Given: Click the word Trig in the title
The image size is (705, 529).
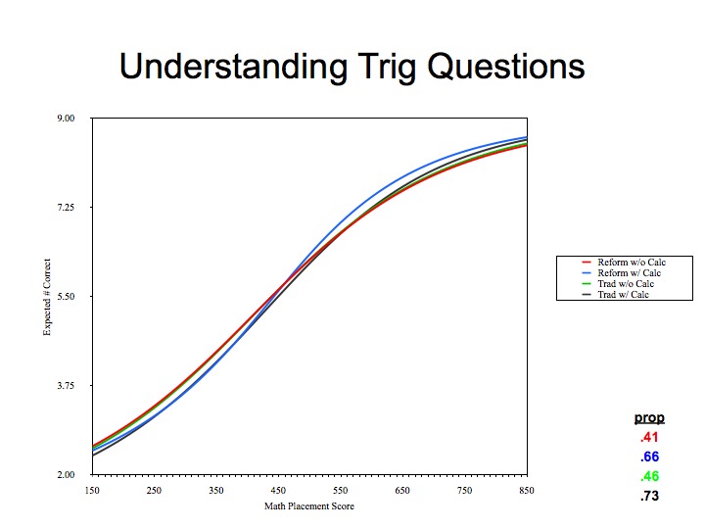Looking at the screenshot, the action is coord(388,68).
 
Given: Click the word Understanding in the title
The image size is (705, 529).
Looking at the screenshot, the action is coord(233,66).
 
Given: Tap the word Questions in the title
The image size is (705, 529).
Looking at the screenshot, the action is coord(506,67).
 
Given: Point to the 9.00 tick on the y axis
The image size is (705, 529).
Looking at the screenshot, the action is coord(66,119).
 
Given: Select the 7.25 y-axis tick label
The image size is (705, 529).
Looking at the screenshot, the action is coord(66,208).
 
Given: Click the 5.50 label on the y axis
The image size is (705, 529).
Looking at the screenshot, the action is coord(66,297).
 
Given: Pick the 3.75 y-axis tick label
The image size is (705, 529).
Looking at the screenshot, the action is coord(66,386).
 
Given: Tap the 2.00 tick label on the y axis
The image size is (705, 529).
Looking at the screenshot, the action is coord(66,474).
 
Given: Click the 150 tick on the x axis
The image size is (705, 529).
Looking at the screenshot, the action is coord(92,491).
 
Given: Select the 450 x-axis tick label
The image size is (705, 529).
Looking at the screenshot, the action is coord(278,491).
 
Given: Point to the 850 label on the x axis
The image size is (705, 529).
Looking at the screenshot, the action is coord(527,491).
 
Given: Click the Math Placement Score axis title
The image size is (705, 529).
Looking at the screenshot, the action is coord(309,506).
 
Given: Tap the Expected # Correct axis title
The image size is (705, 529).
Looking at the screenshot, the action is coord(47,297).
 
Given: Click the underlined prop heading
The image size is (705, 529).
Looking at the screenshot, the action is coord(649,418).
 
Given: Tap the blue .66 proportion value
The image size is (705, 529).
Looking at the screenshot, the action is coord(650,457).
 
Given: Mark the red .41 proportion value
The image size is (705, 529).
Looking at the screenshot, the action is coord(650,437).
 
